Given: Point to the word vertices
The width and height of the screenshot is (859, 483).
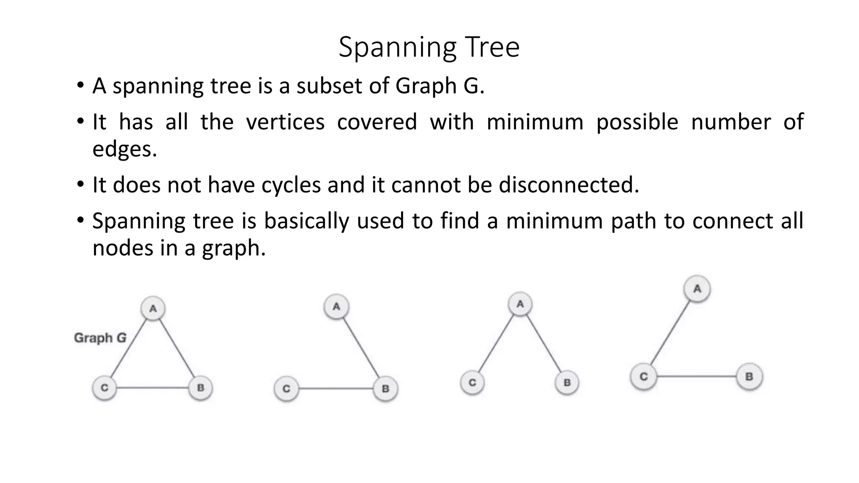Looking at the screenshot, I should point(285,122).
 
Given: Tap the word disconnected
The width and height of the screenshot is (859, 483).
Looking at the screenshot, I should point(569,185).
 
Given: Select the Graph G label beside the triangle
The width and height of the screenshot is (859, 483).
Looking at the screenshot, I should point(100,338).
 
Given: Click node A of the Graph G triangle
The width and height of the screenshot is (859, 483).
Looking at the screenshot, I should point(153,309).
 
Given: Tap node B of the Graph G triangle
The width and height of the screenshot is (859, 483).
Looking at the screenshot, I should point(200,388).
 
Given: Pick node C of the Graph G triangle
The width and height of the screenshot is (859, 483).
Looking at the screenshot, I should point(104,388).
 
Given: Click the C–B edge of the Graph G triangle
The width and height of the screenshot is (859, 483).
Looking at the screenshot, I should point(152,388).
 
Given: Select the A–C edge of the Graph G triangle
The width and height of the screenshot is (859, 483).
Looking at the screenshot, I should point(129,348).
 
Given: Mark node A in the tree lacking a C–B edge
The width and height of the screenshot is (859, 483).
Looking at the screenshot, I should point(520,304).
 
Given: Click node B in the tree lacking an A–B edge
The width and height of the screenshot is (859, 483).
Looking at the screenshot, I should point(749,377).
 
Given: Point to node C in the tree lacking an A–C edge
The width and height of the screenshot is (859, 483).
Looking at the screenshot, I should point(286,389).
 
